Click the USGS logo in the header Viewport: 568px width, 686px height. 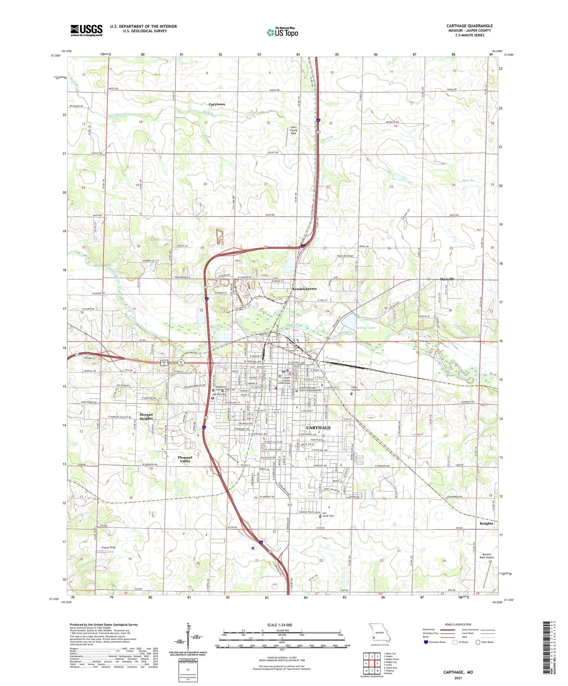point(86,30)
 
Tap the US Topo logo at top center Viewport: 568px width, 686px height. point(282,32)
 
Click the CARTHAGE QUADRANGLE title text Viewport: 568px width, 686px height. point(469,26)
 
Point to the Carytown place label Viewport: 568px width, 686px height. point(217,104)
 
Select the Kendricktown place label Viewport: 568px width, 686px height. point(304,289)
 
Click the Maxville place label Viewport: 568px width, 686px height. point(447,279)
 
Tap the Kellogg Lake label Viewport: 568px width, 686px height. point(366,328)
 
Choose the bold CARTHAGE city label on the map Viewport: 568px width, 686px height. point(318,427)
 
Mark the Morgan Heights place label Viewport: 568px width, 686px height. point(146,416)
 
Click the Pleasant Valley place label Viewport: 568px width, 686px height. point(185,459)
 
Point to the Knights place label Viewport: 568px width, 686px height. point(486,523)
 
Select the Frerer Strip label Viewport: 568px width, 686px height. point(108,547)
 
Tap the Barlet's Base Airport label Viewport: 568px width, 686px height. point(487,556)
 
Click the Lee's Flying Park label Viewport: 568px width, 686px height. point(294,130)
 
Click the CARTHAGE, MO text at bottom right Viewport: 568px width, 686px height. point(458,672)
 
